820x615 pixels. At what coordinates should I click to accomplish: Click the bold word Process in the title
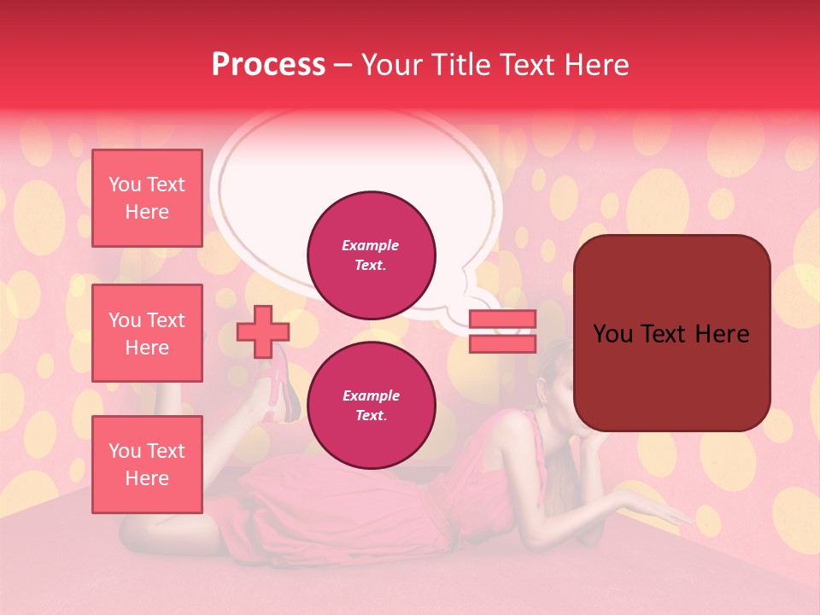(x=268, y=65)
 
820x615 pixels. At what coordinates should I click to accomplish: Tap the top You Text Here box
(x=147, y=198)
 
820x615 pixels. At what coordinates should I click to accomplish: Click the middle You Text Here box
(x=147, y=333)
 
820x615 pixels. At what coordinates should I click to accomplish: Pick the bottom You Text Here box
(x=147, y=465)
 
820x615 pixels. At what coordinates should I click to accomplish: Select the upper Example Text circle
(x=372, y=255)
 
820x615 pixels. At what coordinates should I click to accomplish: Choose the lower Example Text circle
(x=372, y=406)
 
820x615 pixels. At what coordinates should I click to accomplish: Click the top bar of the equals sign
(x=503, y=319)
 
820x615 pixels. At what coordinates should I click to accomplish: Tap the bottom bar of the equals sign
(x=503, y=343)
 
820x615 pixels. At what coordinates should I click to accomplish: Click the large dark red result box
(x=671, y=333)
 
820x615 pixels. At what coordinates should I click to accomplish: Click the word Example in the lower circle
(x=371, y=395)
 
